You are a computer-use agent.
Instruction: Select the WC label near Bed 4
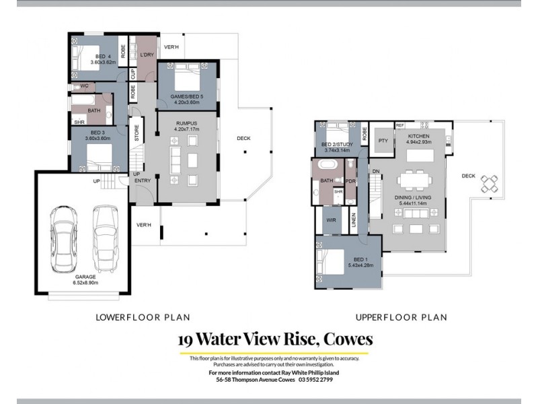click(84, 86)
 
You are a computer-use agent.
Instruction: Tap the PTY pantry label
click(383, 141)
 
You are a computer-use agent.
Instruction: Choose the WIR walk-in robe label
click(330, 220)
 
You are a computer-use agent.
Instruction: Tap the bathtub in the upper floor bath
click(328, 165)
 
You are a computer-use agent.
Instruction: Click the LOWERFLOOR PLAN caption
click(143, 317)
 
